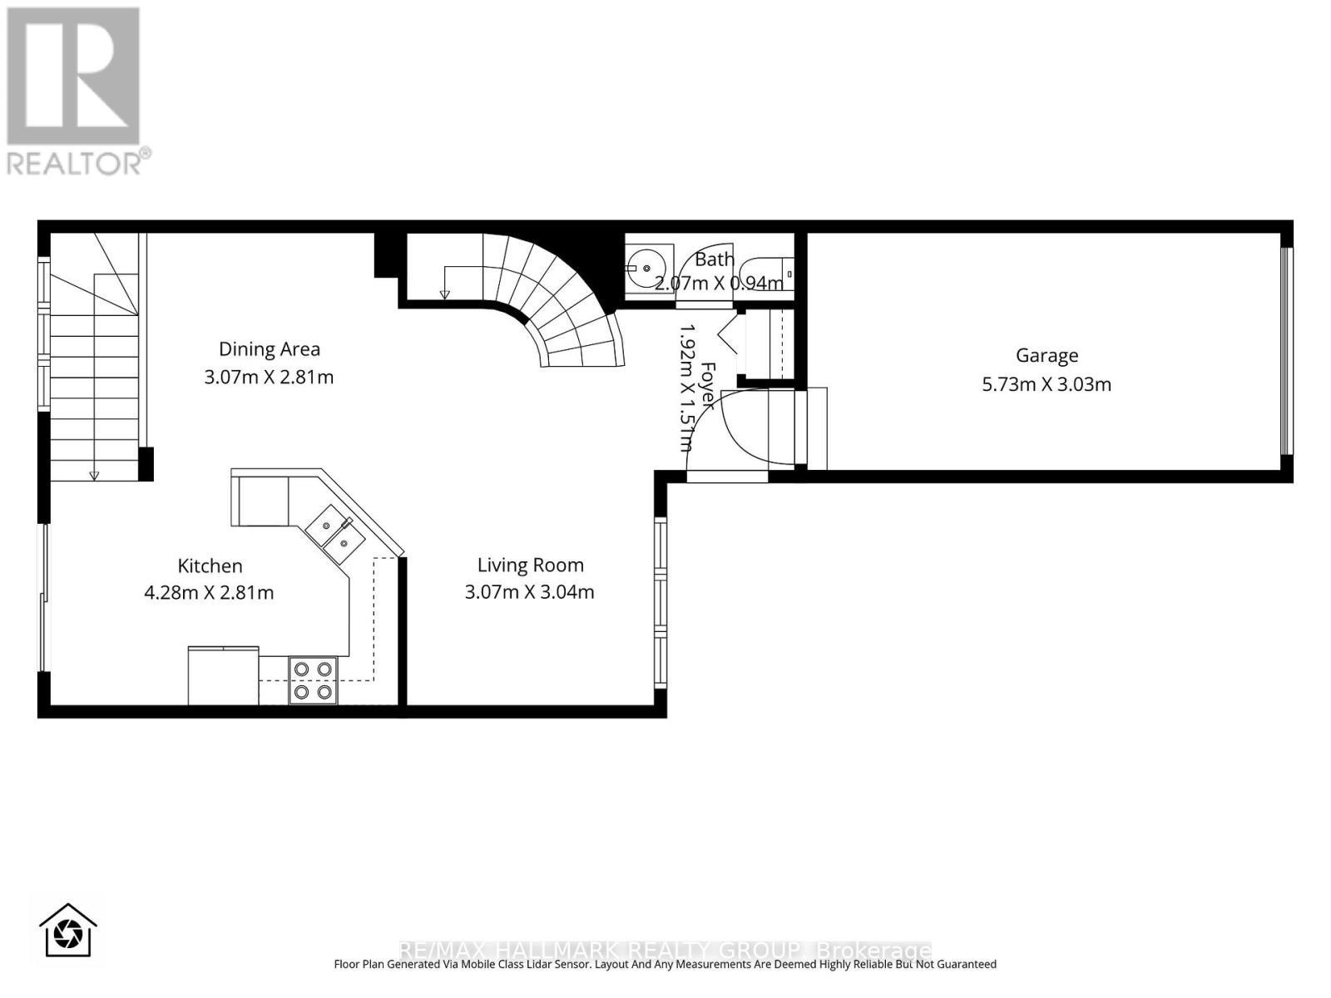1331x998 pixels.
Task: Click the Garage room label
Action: pos(1046,355)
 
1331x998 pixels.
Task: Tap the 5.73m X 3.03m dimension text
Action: pos(1046,384)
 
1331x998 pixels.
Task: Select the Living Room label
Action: pos(530,565)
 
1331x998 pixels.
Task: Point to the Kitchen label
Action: pos(210,566)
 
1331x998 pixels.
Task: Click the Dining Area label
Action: pos(269,348)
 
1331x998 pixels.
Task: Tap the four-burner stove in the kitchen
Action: pos(314,680)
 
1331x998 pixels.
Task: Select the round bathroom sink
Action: pos(642,268)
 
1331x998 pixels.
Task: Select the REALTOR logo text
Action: pos(79,161)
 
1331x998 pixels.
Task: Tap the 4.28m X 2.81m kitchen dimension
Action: pos(210,593)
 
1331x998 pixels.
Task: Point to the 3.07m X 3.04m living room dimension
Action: pos(530,592)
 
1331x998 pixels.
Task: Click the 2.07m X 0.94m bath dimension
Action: pos(719,284)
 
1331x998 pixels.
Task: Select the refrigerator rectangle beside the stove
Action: pos(223,676)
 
